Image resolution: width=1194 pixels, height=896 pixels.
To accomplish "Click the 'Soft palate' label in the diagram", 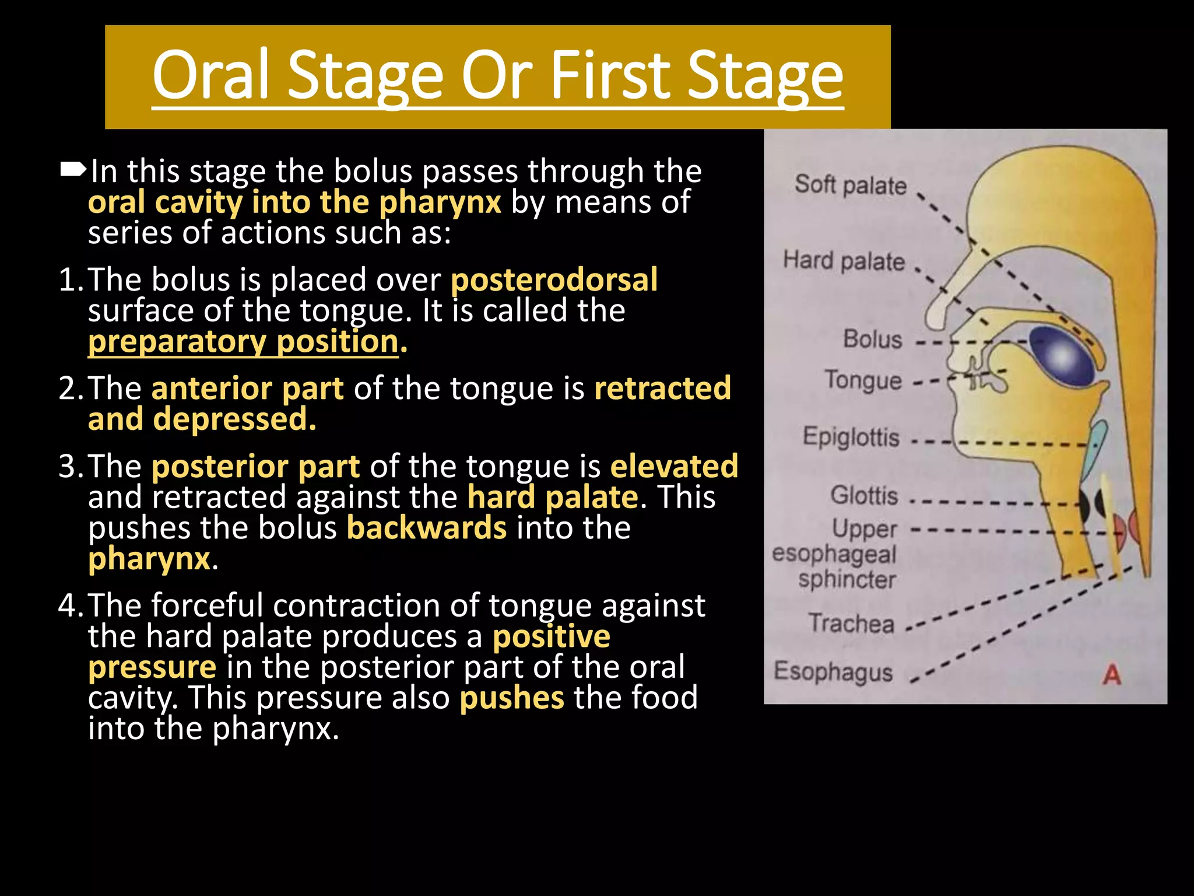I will pyautogui.click(x=851, y=185).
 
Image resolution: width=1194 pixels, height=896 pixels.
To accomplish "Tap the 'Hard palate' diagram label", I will pyautogui.click(x=844, y=261).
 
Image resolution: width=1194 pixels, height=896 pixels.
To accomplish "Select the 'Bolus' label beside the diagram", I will pyautogui.click(x=872, y=339).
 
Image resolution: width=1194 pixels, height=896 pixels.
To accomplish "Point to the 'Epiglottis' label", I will pyautogui.click(x=851, y=437).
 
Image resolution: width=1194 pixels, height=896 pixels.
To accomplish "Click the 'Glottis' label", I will pyautogui.click(x=864, y=496).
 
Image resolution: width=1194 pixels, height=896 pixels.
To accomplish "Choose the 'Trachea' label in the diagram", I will pyautogui.click(x=851, y=624).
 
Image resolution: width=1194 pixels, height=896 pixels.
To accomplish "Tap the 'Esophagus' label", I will pyautogui.click(x=833, y=671).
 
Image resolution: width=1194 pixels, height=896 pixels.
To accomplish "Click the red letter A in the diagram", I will pyautogui.click(x=1111, y=675).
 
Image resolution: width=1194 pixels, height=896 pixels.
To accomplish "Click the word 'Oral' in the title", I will pyautogui.click(x=211, y=75).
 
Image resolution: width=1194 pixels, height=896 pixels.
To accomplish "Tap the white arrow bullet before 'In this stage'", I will pyautogui.click(x=73, y=170).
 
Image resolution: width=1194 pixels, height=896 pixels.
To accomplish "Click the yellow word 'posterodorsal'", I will pyautogui.click(x=554, y=279).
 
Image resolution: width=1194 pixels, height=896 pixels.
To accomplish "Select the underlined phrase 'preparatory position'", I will pyautogui.click(x=243, y=341).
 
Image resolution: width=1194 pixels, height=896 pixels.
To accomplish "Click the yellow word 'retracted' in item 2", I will pyautogui.click(x=662, y=388).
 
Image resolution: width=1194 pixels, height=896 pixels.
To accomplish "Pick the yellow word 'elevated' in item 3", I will pyautogui.click(x=674, y=466).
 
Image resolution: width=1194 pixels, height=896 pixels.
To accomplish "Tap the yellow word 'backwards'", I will pyautogui.click(x=427, y=528).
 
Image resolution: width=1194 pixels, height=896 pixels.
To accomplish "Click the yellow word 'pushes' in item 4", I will pyautogui.click(x=511, y=698).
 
